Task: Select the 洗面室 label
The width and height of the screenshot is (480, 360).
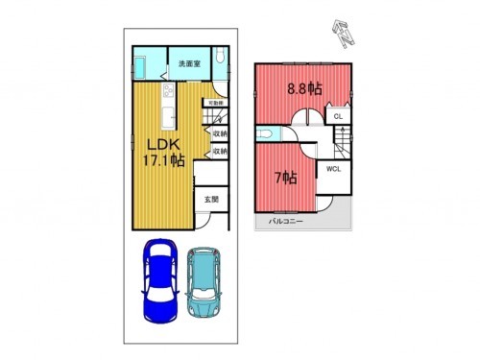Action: click(x=188, y=64)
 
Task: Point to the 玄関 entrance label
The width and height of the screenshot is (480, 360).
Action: click(x=211, y=200)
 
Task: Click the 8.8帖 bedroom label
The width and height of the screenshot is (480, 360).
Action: click(x=304, y=88)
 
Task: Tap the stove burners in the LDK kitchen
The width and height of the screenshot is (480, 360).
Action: click(x=167, y=93)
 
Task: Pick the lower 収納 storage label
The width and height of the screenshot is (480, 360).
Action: click(x=220, y=152)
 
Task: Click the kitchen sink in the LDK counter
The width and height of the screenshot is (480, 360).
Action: click(x=167, y=116)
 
